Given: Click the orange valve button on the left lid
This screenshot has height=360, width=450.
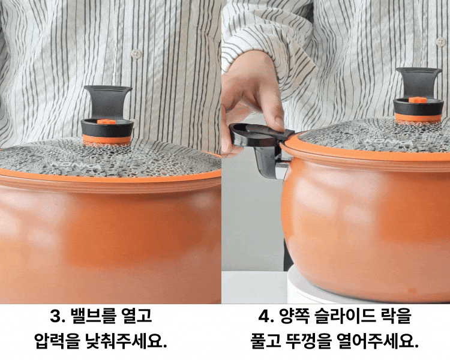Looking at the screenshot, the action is point(106,122).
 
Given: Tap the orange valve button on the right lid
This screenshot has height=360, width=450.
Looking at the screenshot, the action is point(418,100).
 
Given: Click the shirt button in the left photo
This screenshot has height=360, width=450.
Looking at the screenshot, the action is point(137,53).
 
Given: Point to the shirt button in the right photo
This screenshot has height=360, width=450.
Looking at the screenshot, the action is point(441,41).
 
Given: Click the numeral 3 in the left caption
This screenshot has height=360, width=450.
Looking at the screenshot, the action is point(55,316).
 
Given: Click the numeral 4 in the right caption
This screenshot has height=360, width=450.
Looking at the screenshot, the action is point(264,316).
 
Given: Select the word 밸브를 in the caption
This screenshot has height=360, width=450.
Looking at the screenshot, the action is point(92,316).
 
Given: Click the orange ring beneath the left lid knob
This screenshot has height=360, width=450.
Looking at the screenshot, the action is point(107,139).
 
